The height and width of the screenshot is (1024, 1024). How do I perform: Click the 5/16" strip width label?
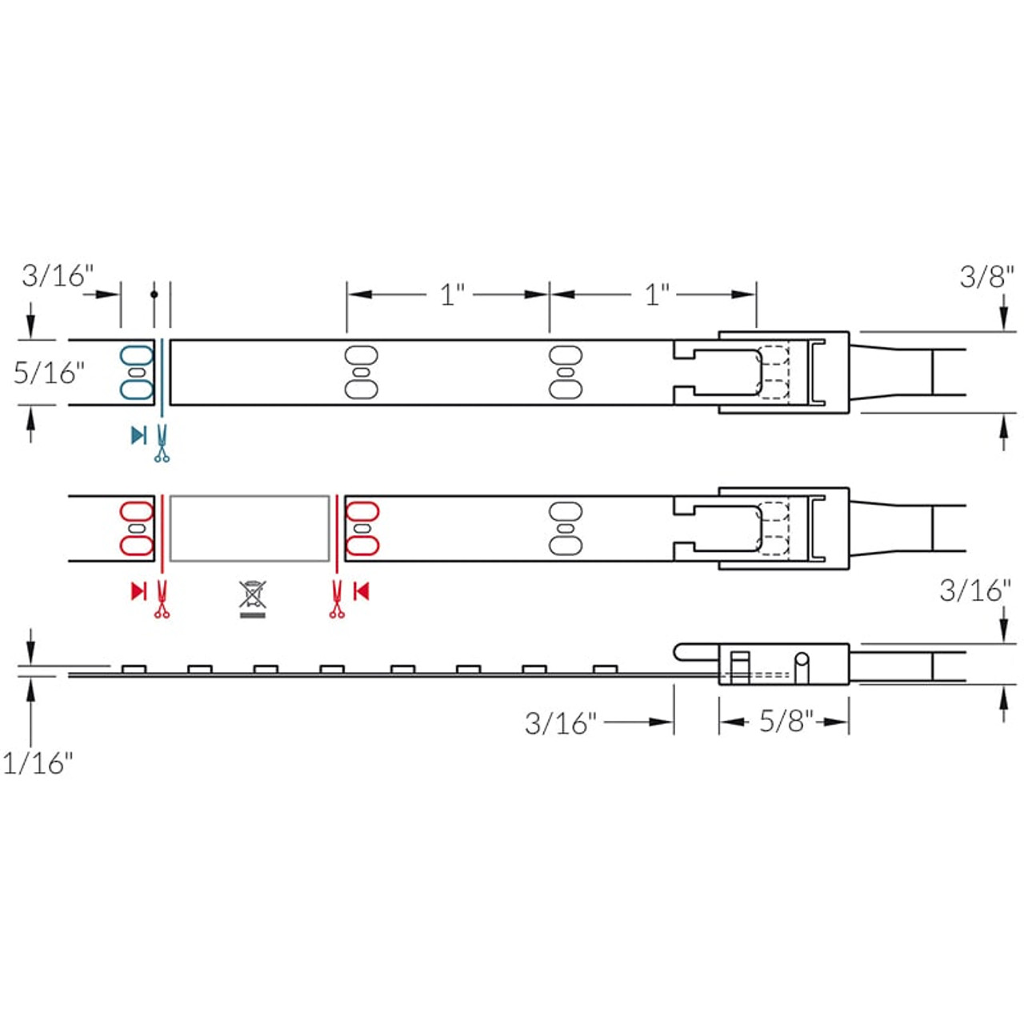(x=49, y=373)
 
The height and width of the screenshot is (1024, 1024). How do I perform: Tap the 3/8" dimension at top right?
(x=986, y=277)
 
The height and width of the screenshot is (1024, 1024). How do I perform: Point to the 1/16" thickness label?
(x=37, y=763)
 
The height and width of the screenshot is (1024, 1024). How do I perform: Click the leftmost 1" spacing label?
(x=452, y=294)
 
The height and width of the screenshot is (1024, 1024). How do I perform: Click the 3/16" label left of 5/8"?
(x=560, y=723)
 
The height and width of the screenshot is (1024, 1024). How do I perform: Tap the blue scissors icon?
(x=162, y=445)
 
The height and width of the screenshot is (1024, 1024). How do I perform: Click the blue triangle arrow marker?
(x=138, y=435)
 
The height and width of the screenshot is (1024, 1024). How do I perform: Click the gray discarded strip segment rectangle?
(x=250, y=528)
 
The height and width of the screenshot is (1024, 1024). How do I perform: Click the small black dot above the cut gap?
(x=154, y=294)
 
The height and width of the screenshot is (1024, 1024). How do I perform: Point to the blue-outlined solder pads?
(x=137, y=373)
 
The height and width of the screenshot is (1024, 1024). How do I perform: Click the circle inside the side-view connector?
(x=801, y=661)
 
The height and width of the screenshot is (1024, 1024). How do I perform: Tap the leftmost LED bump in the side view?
(x=134, y=669)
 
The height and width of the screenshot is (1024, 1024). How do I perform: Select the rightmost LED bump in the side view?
(x=606, y=669)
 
